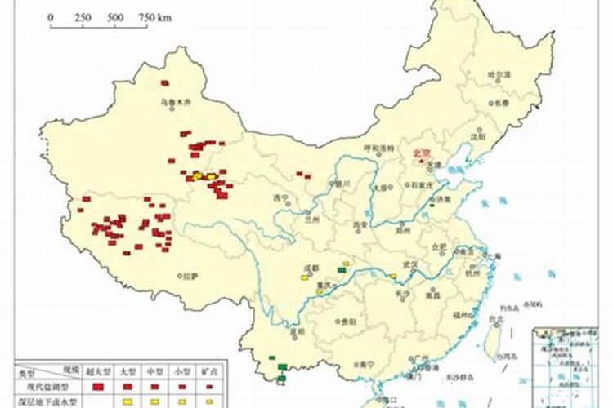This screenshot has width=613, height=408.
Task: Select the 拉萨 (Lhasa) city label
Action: (190, 276)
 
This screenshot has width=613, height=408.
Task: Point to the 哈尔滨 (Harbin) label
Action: (499, 74)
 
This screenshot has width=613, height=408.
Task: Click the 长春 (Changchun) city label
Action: (500, 104)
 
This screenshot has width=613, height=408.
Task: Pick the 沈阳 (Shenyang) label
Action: (477, 136)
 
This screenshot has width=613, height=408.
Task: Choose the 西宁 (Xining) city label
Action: (281, 198)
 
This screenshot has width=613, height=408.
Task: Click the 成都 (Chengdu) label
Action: (310, 268)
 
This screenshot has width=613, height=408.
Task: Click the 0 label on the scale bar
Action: (51, 17)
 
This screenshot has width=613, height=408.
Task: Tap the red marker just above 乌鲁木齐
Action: (165, 83)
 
